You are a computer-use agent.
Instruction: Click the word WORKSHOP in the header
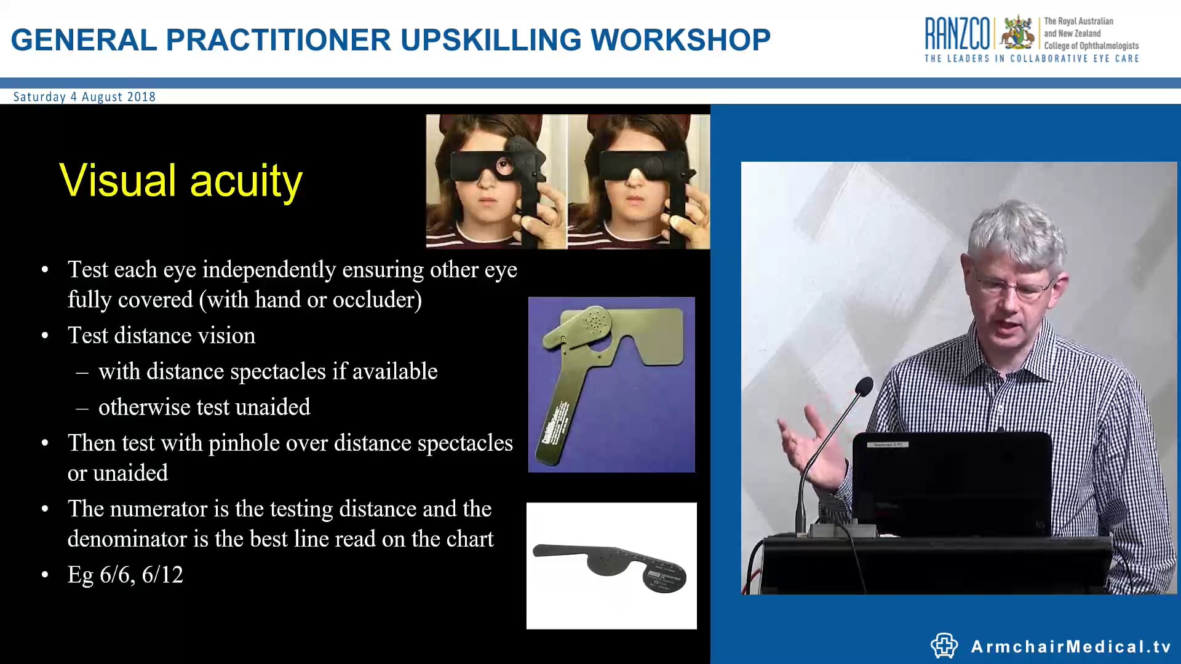coord(680,40)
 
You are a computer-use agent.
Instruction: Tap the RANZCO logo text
coord(957,33)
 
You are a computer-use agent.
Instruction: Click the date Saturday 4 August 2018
coord(84,97)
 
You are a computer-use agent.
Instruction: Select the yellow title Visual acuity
coord(181,181)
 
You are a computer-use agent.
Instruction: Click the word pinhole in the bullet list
coord(237,444)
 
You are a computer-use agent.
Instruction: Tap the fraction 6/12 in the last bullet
coord(162,575)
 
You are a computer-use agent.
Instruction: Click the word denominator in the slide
coord(127,539)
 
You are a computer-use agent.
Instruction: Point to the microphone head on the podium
coord(864,387)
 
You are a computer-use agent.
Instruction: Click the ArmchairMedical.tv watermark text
coord(1070,647)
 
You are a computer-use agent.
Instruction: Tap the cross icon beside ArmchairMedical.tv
coord(944,646)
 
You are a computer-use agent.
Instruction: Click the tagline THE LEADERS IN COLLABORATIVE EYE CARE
coord(1032,59)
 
